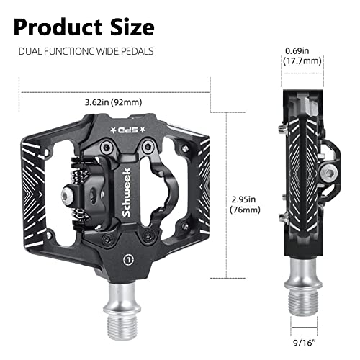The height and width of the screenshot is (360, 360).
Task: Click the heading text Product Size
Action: click(x=84, y=27)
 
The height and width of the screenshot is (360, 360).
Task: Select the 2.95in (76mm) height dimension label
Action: click(x=247, y=201)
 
